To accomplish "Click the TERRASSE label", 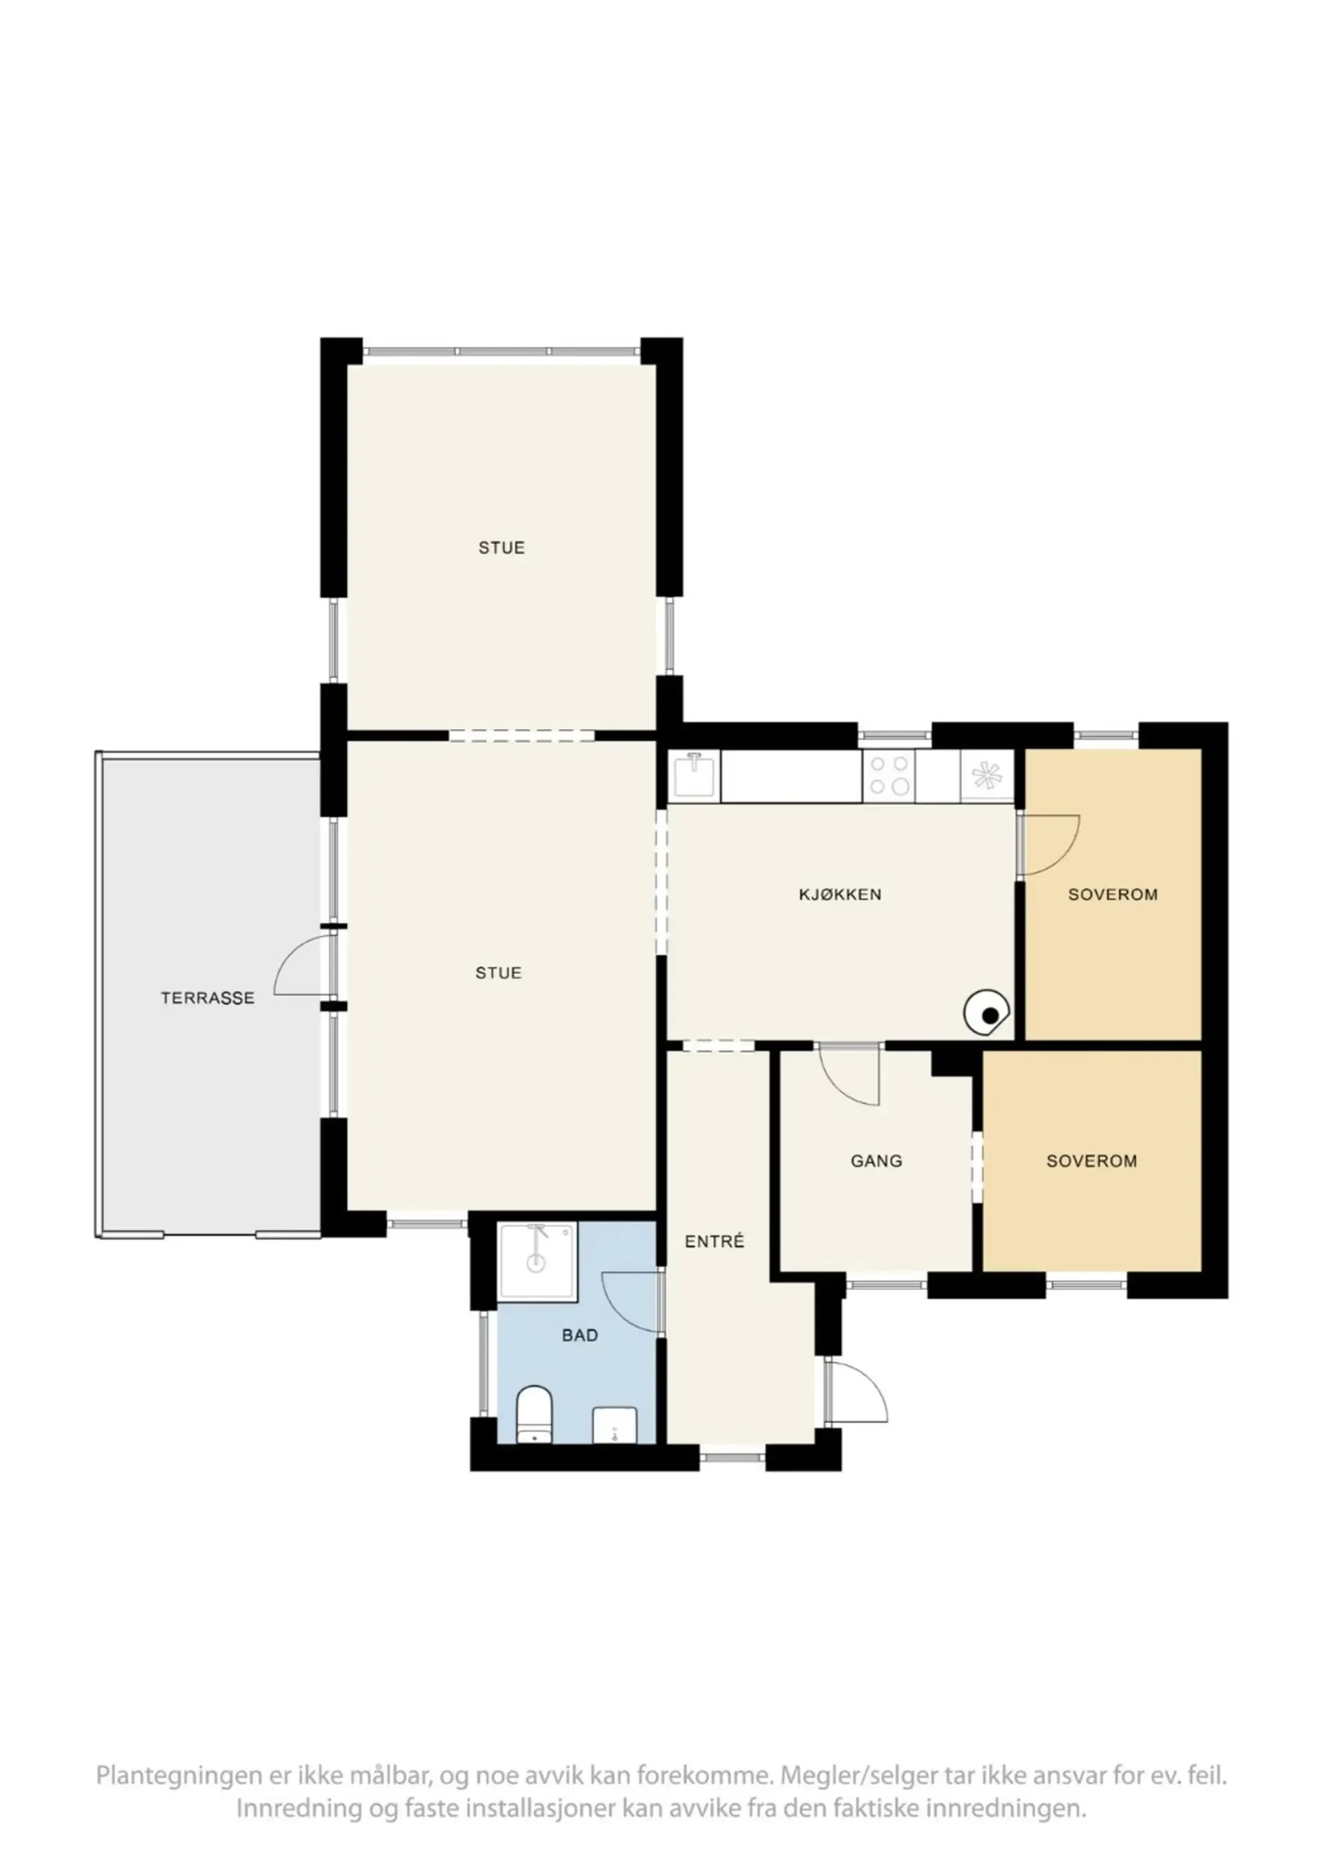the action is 207,998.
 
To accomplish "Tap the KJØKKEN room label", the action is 840,894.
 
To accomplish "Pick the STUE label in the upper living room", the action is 501,548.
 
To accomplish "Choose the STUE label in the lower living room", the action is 498,973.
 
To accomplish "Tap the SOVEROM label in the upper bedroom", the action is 1113,894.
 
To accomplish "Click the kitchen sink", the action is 695,775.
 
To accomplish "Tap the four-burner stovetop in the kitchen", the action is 889,775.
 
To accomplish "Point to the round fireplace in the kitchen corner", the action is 987,1013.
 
